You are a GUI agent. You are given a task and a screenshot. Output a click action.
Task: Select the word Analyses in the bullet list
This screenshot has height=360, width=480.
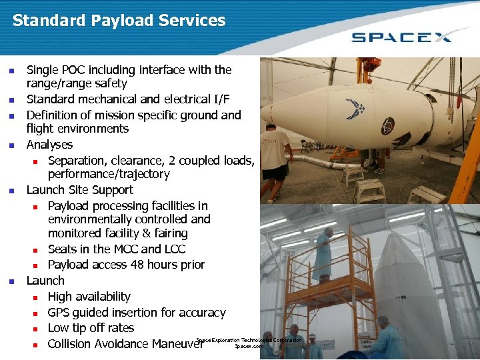(49, 145)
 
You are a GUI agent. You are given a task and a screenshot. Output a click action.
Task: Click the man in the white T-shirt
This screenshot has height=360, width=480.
(274, 153)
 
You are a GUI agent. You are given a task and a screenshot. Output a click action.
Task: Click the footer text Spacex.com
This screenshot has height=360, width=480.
(249, 347)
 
